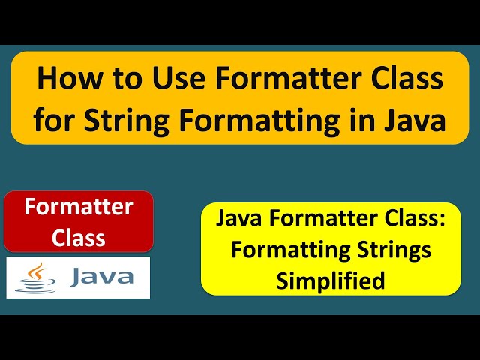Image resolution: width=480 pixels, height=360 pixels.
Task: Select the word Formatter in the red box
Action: (79, 207)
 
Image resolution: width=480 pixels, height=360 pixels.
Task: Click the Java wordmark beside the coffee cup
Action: (102, 277)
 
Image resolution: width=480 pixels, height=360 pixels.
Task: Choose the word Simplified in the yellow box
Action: (331, 280)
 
